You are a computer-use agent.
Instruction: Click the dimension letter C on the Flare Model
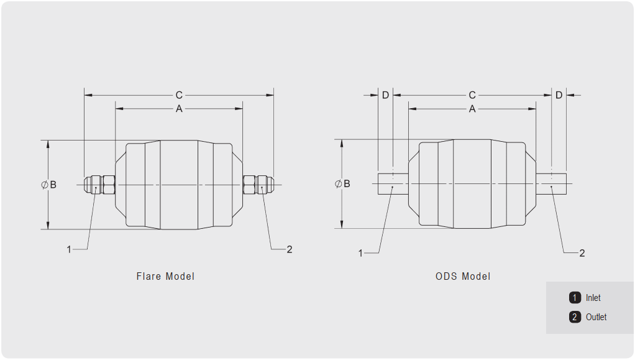click(179, 95)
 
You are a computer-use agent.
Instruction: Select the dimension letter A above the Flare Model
click(179, 109)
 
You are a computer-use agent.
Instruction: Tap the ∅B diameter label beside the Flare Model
click(49, 185)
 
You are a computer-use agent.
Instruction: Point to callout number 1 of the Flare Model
click(69, 249)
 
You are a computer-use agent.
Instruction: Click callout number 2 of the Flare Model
click(289, 249)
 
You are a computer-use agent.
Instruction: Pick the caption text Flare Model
click(165, 277)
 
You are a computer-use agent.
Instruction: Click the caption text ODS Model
click(463, 277)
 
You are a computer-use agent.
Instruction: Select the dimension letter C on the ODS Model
click(472, 95)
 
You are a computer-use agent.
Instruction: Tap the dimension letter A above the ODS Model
click(472, 109)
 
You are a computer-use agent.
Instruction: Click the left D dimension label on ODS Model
click(385, 95)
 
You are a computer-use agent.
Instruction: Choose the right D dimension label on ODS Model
click(559, 95)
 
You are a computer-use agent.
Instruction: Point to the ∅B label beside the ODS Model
click(342, 183)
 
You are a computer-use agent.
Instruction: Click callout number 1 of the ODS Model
click(360, 254)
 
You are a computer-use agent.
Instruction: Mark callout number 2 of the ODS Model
click(582, 254)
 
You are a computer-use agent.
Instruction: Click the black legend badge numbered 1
click(575, 298)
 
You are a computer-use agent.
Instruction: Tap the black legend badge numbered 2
click(575, 316)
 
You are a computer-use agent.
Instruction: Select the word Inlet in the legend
click(593, 298)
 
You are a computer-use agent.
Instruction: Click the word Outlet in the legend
click(596, 316)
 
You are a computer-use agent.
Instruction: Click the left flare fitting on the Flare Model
click(99, 185)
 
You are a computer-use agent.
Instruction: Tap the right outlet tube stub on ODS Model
click(551, 183)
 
